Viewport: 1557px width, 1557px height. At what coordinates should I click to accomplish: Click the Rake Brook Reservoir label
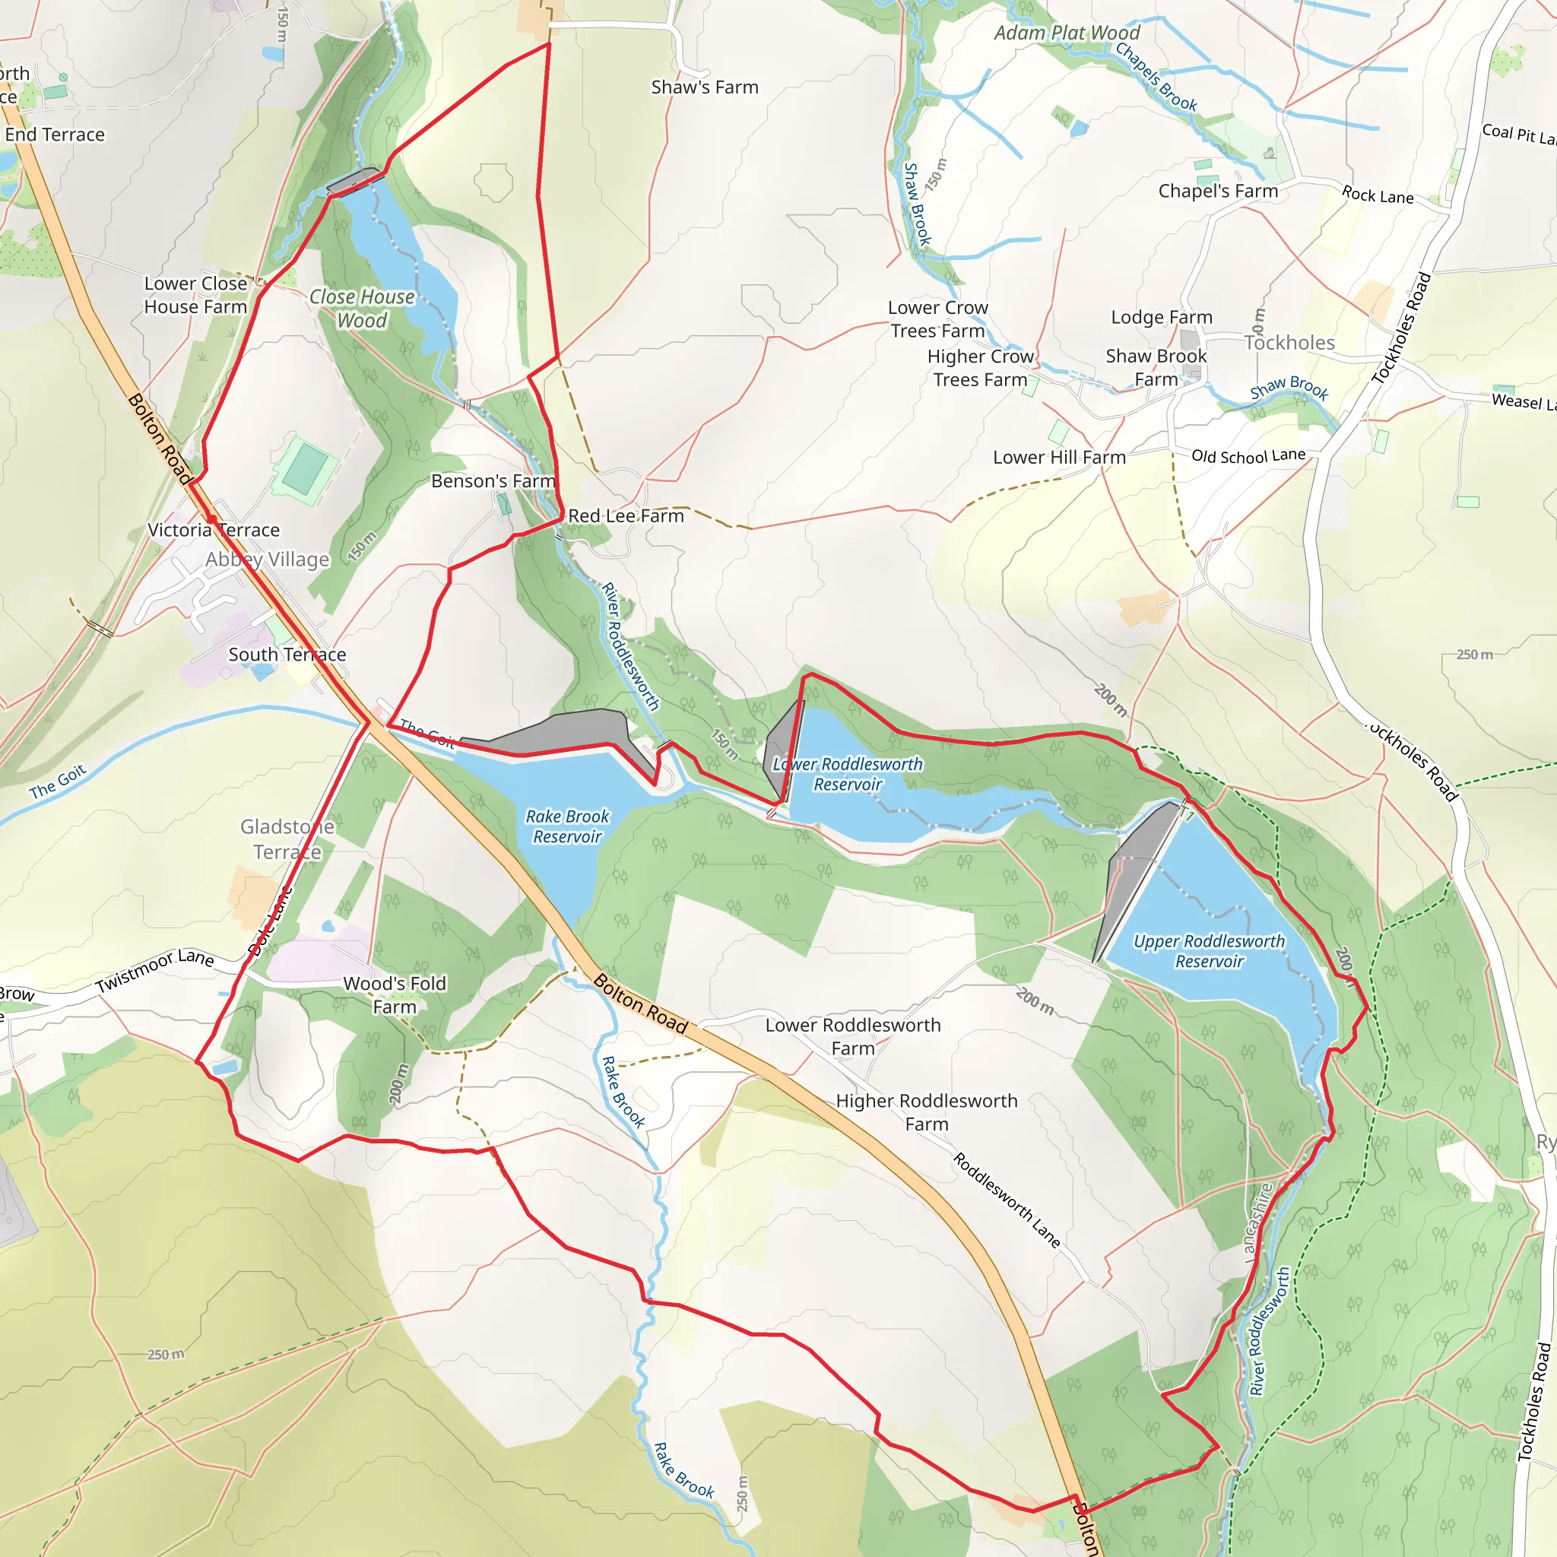pos(567,826)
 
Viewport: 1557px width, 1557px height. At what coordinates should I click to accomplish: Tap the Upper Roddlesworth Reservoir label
pos(1209,951)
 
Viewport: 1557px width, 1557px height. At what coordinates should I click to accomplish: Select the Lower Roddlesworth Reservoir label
pos(848,774)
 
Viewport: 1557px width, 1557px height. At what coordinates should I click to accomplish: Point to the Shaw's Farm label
pos(704,87)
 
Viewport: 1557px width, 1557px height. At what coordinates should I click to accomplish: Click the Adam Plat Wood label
pos(1067,33)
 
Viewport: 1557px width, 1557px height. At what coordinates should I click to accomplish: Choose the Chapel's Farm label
pos(1218,191)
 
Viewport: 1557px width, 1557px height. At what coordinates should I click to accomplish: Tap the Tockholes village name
pos(1289,343)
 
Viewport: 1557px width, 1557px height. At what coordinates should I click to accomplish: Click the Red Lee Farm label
pos(626,515)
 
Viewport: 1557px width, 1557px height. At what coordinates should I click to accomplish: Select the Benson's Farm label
pos(493,481)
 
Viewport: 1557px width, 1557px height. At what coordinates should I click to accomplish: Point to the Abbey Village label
pos(268,560)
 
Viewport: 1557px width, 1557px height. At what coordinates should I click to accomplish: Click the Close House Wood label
pos(362,309)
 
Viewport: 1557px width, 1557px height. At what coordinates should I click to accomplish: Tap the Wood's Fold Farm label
pos(394,994)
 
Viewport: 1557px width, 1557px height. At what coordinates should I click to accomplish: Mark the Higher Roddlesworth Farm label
pos(926,1112)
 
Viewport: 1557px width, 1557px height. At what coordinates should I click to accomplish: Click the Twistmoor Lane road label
pos(155,971)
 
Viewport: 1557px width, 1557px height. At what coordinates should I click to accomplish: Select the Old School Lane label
pos(1248,456)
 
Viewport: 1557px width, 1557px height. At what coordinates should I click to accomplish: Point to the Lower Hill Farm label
pos(1059,457)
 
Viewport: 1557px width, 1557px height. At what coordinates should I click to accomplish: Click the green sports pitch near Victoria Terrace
pos(306,469)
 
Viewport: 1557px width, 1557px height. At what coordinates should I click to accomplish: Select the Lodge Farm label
pos(1162,317)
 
